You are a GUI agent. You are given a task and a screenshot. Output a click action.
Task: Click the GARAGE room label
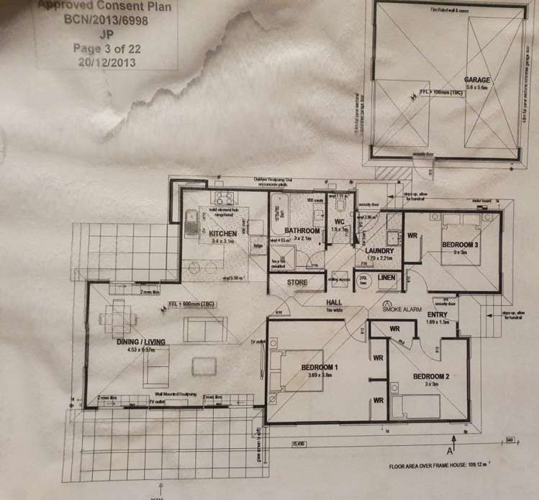[477, 78]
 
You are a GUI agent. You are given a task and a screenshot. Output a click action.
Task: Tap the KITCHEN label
[222, 233]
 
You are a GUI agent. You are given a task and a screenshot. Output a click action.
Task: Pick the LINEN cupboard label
[387, 277]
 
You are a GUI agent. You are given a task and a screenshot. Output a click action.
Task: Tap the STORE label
[297, 282]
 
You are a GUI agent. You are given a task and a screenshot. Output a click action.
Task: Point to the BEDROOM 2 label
[431, 376]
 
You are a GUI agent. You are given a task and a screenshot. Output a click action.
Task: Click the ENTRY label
[438, 315]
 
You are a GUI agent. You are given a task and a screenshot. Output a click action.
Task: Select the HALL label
[333, 302]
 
